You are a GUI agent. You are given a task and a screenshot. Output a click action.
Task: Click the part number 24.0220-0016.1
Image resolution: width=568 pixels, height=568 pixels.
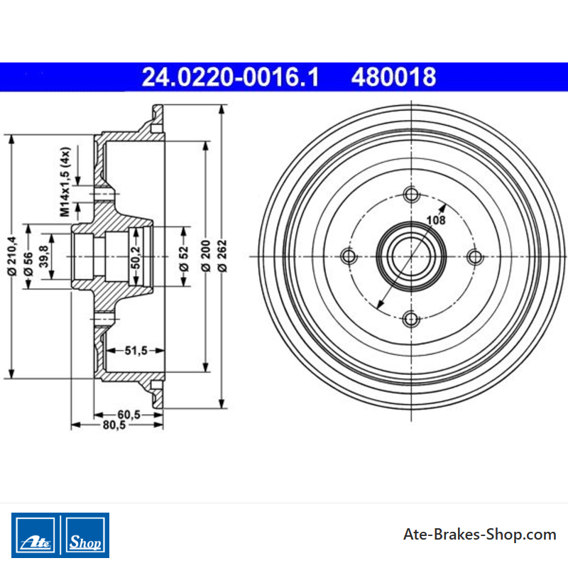230,77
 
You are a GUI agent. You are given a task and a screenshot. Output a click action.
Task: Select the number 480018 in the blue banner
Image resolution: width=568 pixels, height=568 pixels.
394,77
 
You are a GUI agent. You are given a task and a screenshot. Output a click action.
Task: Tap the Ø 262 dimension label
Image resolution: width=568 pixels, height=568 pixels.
222,256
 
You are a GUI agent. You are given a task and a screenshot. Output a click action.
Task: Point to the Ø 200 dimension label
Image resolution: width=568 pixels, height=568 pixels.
205,256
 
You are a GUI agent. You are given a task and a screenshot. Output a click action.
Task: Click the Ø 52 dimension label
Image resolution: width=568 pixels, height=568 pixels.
184,258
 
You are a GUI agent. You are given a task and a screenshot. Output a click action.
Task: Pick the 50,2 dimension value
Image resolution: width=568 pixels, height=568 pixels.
136,258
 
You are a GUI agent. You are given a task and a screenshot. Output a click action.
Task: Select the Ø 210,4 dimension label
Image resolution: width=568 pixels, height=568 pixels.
12,256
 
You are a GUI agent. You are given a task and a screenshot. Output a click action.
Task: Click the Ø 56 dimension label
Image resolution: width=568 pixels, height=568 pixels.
28,264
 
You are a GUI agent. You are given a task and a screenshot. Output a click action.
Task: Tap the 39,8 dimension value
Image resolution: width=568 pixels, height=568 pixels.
44,256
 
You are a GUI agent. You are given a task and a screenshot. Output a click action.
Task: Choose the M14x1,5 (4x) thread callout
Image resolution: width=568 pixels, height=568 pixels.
65,182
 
